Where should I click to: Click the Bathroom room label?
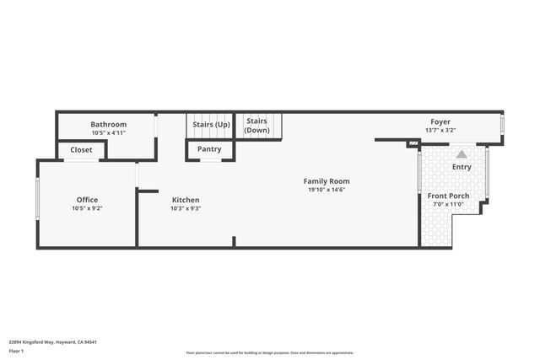click(108, 125)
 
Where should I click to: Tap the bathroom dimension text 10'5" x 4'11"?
click(108, 132)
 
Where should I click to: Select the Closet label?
click(82, 150)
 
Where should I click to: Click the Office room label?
click(88, 200)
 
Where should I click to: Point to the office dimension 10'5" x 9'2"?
click(88, 207)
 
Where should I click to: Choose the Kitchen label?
click(185, 200)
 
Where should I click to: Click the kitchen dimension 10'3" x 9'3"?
click(185, 207)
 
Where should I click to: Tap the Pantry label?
click(209, 149)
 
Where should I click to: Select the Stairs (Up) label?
click(211, 125)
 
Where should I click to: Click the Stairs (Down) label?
click(257, 126)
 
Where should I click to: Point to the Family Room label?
click(327, 181)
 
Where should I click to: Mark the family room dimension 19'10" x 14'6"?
click(327, 190)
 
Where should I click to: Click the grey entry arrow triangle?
click(462, 154)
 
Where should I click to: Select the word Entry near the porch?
click(462, 167)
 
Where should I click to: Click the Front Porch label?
click(449, 196)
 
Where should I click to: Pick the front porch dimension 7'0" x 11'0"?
click(449, 204)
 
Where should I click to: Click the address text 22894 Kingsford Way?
click(42, 342)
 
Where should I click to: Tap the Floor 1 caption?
click(16, 351)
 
